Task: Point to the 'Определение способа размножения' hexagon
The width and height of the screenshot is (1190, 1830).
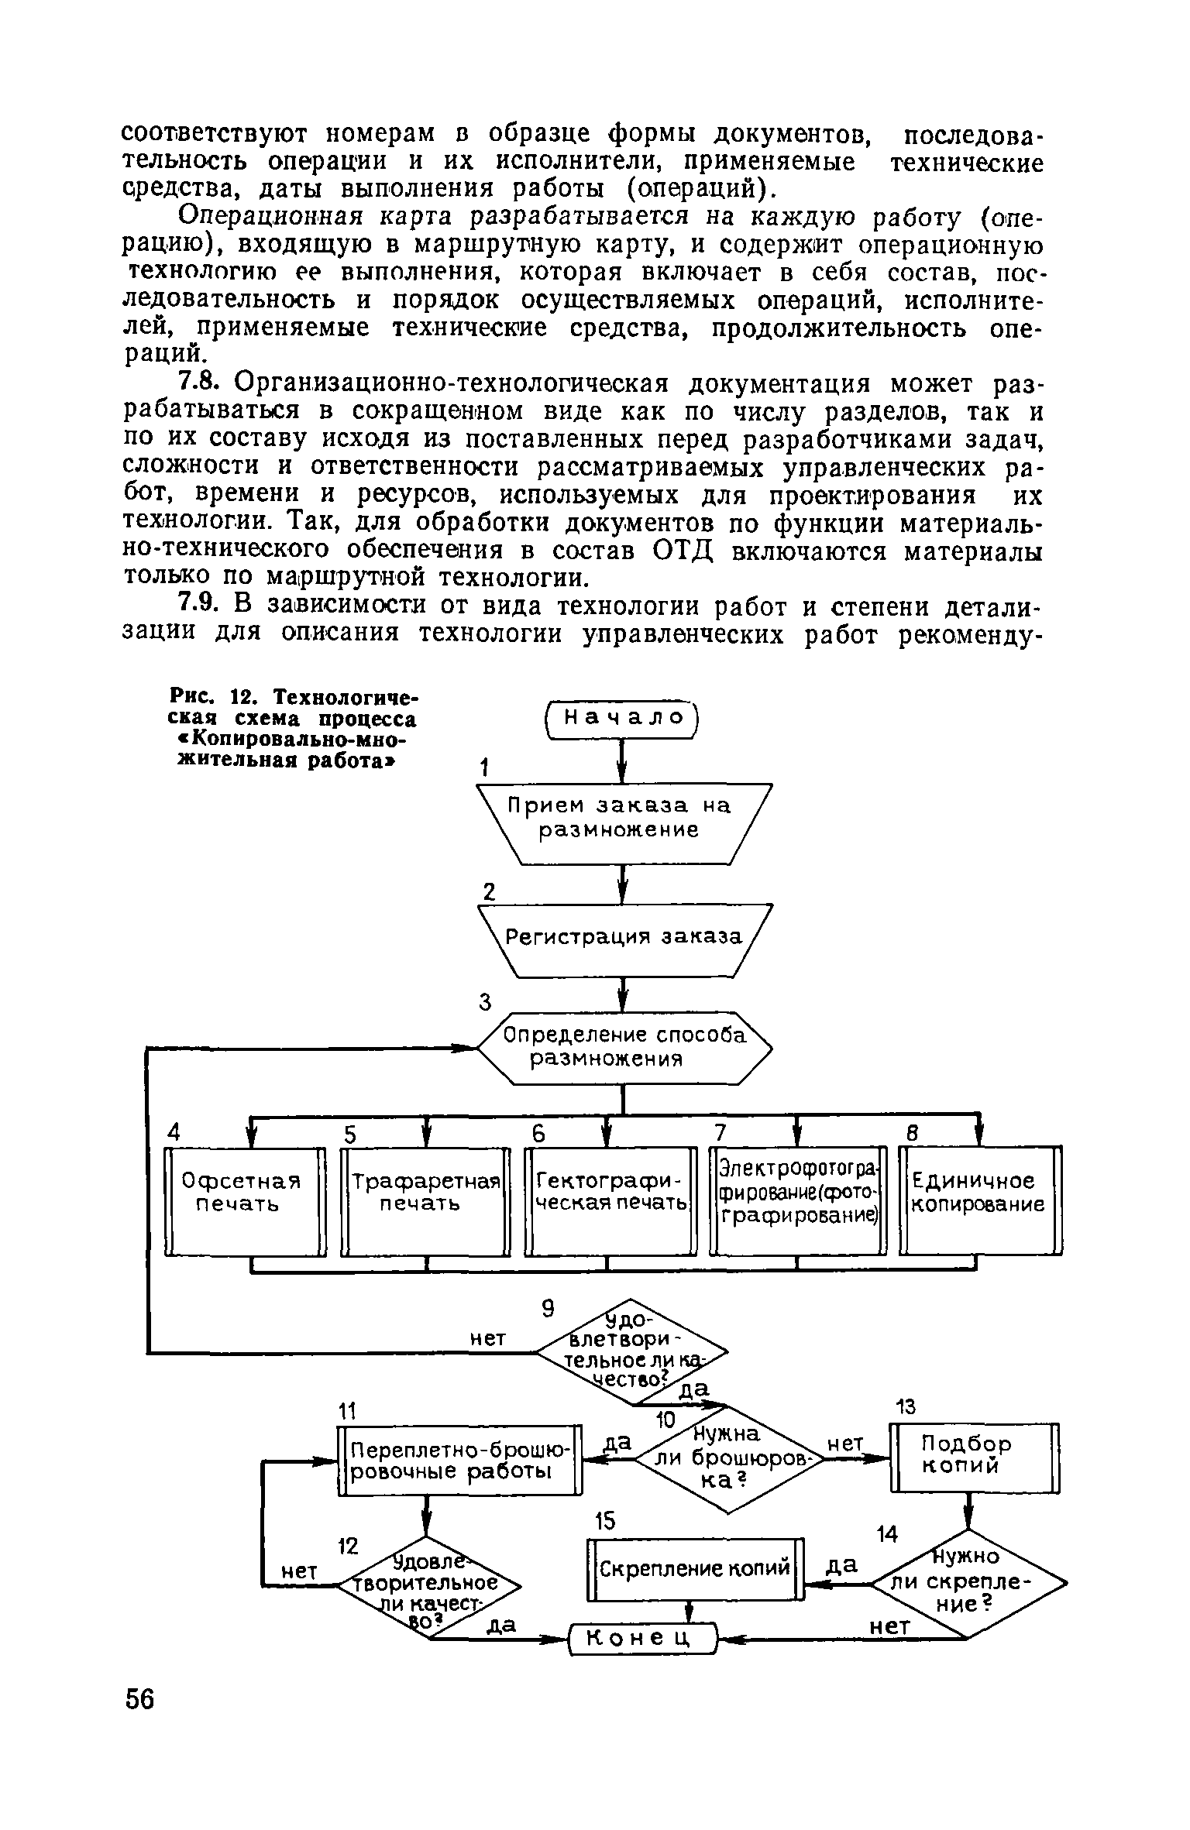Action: point(624,1048)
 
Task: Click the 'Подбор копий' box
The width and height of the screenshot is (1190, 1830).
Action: point(975,1457)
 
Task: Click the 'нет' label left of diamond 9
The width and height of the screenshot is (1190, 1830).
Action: point(489,1338)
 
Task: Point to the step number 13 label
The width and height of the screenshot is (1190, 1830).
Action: point(904,1406)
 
